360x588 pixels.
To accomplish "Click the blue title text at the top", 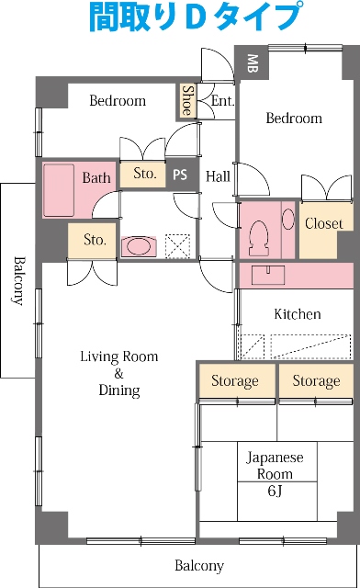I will click(196, 17).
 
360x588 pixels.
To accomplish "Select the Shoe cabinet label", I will click(187, 100).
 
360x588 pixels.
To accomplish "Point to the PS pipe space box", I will click(181, 175).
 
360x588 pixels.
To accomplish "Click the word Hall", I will click(218, 175).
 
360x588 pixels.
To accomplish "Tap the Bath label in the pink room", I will click(96, 177).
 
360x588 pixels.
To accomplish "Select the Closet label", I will click(323, 223).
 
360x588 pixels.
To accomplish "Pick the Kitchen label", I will click(298, 314).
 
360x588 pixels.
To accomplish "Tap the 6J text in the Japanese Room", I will click(275, 491).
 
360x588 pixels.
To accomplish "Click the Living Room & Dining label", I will click(118, 373).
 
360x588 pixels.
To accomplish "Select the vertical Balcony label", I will click(18, 278).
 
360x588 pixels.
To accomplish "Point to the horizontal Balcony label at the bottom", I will click(199, 565).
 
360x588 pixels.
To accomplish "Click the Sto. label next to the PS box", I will click(143, 173).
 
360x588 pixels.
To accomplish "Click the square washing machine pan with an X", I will click(178, 245).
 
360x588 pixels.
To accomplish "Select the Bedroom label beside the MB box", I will click(294, 119).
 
